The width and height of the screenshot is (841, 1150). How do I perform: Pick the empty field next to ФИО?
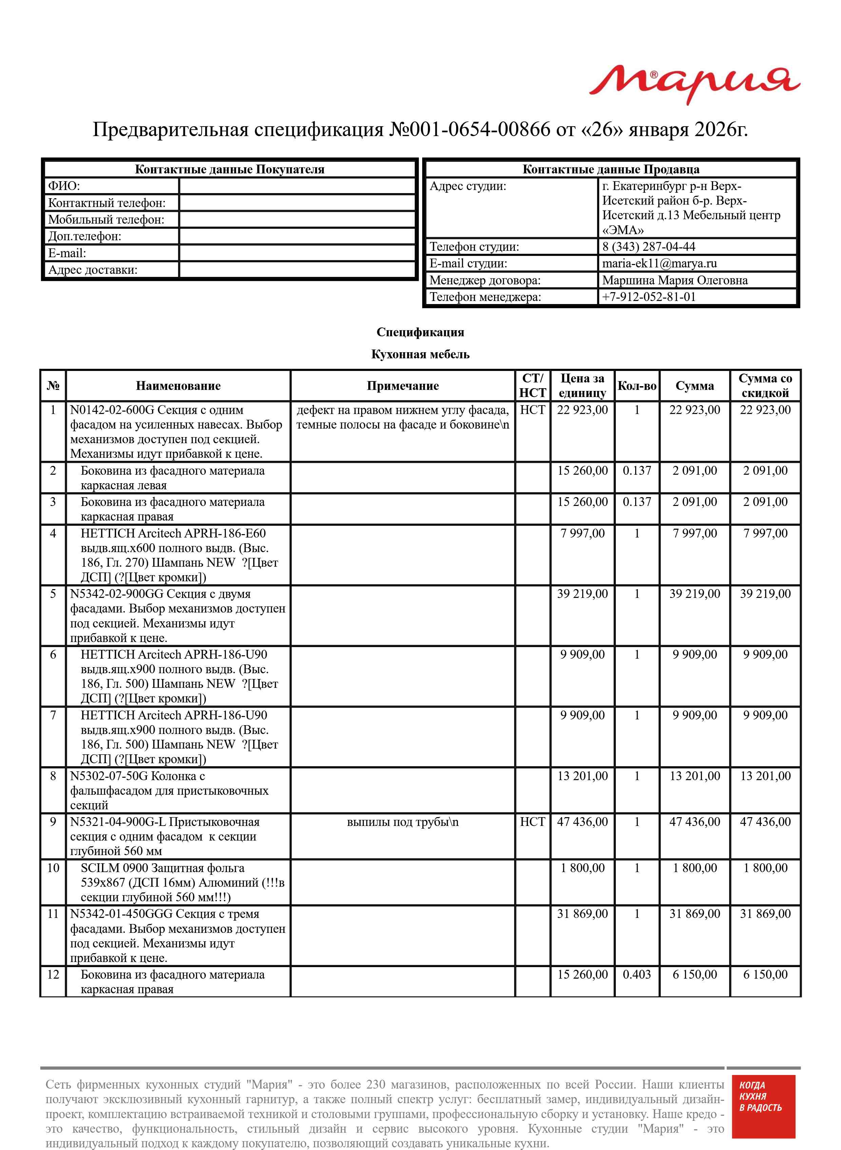click(297, 186)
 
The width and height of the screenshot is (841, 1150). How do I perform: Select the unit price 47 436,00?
click(582, 822)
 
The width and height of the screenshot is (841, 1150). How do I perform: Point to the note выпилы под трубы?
click(402, 822)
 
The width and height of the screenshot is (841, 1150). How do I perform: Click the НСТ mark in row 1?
click(532, 410)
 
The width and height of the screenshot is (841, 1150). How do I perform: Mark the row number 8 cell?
click(53, 776)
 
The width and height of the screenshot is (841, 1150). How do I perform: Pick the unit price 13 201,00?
click(582, 776)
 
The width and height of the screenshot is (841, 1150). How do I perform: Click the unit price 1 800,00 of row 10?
click(582, 868)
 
